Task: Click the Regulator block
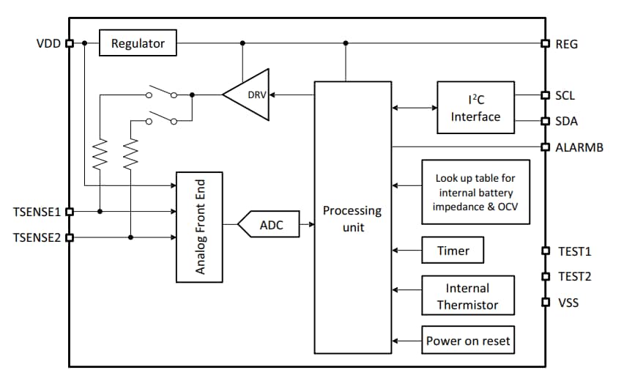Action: tap(138, 43)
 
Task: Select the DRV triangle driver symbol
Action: tap(249, 95)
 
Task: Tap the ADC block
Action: tap(270, 226)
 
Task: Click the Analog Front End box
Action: tap(199, 227)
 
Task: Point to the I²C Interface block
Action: tap(475, 108)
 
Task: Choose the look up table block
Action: tap(475, 192)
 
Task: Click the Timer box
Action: tap(453, 251)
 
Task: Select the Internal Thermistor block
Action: tap(467, 297)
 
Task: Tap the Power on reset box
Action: tap(467, 341)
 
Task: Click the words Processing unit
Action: tap(352, 219)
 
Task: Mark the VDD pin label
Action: tap(48, 43)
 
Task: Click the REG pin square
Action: tap(545, 43)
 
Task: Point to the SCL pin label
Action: tap(565, 95)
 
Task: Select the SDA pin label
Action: tap(566, 121)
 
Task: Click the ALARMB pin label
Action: tap(579, 147)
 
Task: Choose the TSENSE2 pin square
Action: tap(70, 237)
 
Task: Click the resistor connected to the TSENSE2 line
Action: tap(131, 154)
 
